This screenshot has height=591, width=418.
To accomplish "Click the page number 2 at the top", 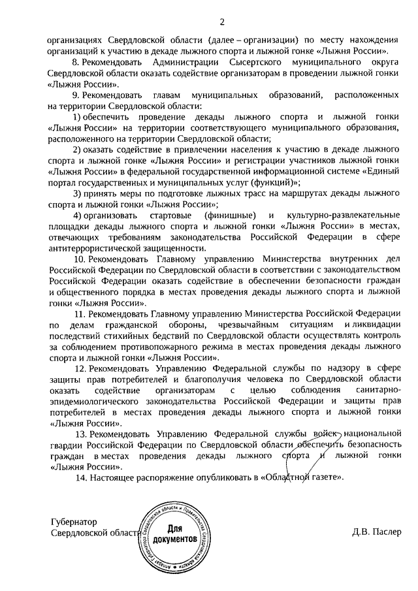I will pyautogui.click(x=221, y=23).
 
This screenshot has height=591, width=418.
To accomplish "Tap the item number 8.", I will pyautogui.click(x=74, y=62).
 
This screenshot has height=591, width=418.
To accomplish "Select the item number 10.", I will pyautogui.click(x=78, y=259).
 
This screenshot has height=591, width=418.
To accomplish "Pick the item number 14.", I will pyautogui.click(x=78, y=479).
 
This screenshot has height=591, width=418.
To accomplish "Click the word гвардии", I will pyautogui.click(x=63, y=446).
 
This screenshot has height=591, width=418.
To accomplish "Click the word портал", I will pyautogui.click(x=61, y=182).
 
